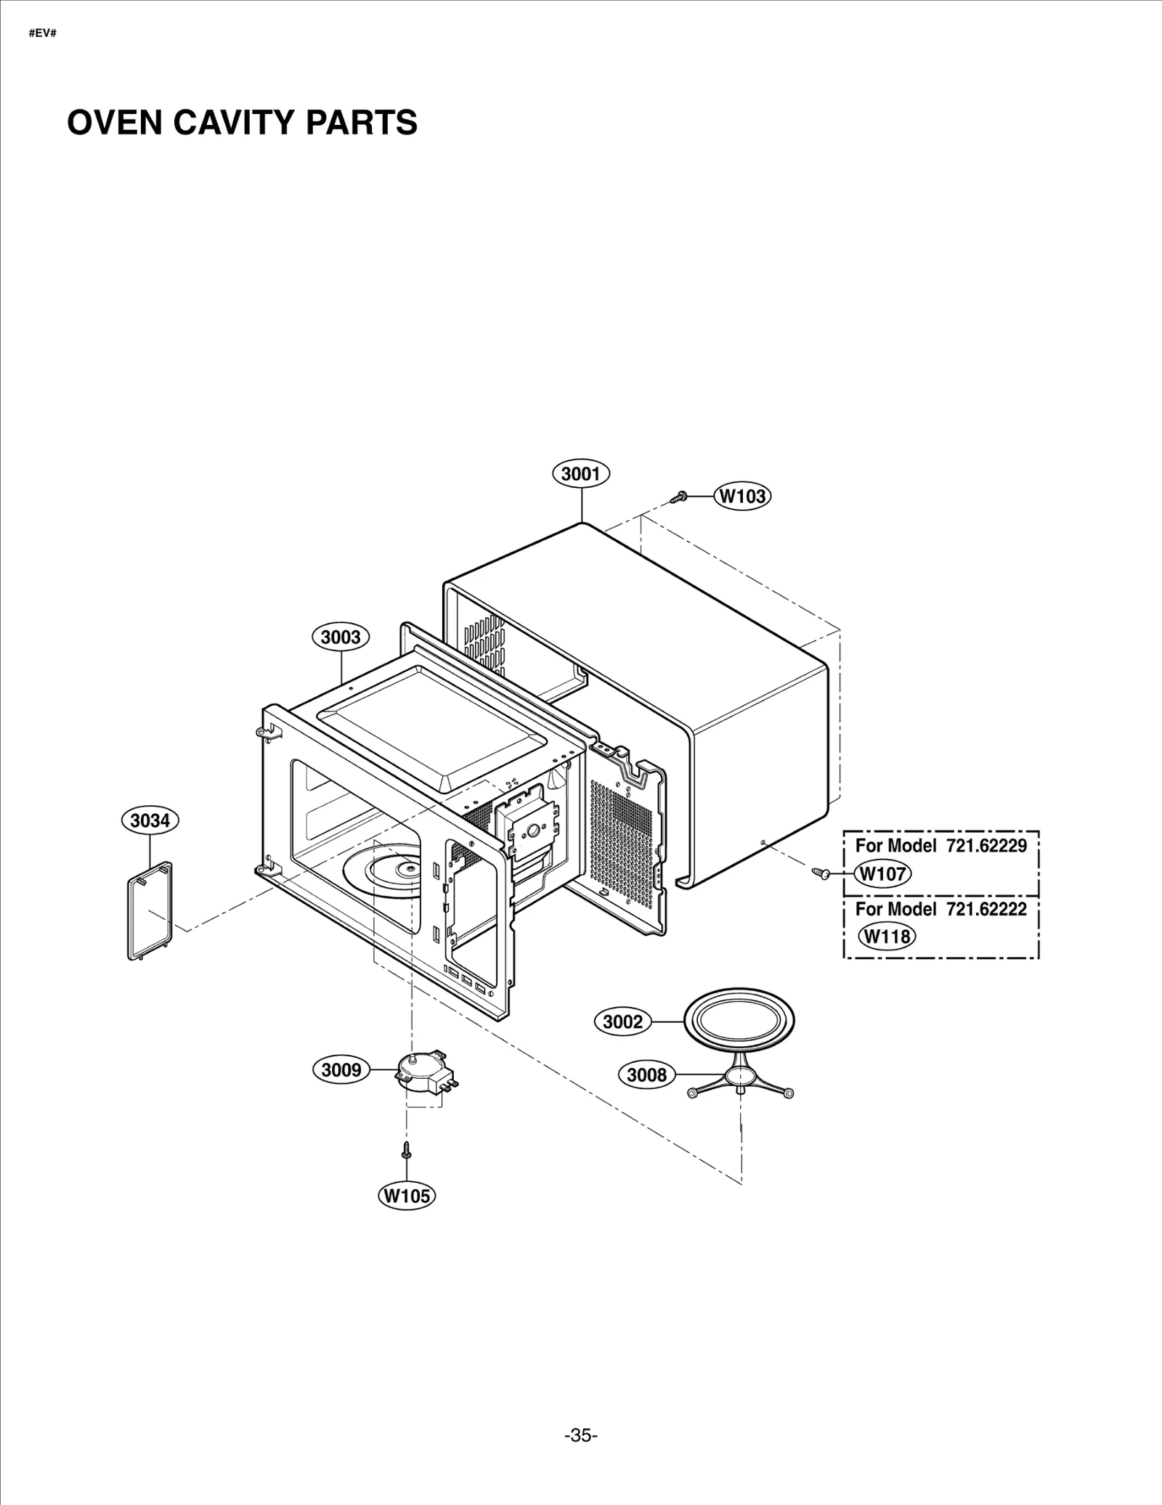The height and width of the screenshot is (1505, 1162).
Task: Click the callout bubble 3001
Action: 581,474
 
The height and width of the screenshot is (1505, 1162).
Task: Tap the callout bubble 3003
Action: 341,637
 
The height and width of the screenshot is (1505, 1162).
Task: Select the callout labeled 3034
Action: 150,820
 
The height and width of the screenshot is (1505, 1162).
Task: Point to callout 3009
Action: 341,1070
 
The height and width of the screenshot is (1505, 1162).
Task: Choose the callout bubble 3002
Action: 623,1022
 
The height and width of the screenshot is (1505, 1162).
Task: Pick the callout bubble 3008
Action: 646,1074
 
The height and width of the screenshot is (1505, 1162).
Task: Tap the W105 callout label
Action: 407,1196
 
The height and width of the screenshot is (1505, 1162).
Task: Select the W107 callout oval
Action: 882,873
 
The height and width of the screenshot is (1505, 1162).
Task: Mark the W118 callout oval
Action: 886,936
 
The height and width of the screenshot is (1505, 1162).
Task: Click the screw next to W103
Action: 680,497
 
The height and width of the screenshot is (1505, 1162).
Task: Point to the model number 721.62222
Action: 986,909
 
